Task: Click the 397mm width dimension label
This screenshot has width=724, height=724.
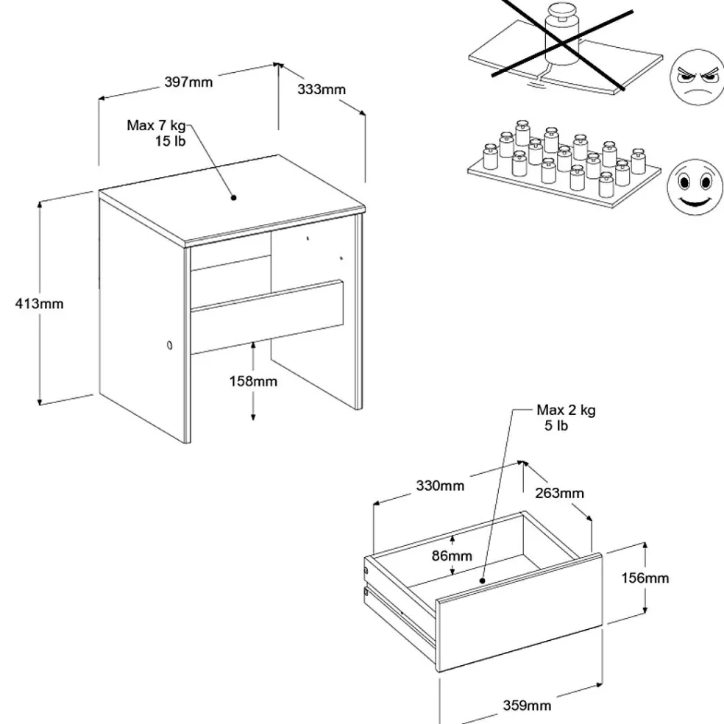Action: [188, 82]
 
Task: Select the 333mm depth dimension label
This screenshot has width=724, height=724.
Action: [322, 90]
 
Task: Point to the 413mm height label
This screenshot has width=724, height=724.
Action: [40, 303]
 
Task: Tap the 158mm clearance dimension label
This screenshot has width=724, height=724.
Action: [252, 381]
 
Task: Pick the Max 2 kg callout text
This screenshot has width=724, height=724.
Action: [566, 411]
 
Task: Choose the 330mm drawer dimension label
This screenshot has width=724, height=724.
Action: [439, 486]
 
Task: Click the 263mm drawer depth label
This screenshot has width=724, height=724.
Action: [559, 493]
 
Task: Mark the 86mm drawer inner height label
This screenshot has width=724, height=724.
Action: [452, 556]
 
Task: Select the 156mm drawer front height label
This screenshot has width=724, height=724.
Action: [645, 578]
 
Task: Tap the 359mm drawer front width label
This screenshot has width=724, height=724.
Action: [527, 706]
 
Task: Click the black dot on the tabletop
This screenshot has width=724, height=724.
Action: [233, 197]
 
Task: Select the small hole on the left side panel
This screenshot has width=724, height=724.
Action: [170, 346]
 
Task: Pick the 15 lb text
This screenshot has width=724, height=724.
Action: [170, 141]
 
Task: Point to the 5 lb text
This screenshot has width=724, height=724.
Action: [556, 425]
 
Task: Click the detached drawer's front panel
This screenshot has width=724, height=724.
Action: [519, 613]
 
